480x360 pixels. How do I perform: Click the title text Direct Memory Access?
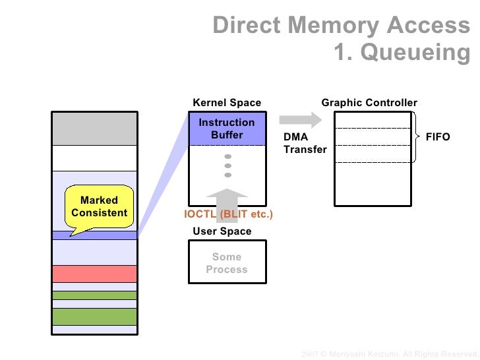point(341,25)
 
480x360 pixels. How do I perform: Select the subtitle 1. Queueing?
point(401,52)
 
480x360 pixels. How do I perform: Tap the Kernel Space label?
point(227,103)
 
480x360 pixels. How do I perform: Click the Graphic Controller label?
point(369,103)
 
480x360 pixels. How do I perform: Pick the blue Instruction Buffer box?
point(227,129)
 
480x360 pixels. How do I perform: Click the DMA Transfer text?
point(305,143)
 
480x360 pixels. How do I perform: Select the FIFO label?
point(438,137)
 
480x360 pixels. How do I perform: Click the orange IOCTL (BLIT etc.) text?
point(228,214)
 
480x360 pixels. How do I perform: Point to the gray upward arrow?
point(227,200)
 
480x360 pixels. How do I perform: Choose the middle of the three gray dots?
point(228,165)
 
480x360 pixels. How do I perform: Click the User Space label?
point(222,231)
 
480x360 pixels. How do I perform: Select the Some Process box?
point(227,262)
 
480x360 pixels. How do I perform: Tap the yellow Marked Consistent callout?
point(99,207)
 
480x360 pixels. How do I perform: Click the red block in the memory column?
point(94,274)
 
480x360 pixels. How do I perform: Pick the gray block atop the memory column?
point(94,129)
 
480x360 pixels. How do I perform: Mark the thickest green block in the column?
point(94,316)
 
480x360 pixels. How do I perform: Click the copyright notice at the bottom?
point(389,354)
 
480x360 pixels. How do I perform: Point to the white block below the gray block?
point(94,158)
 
